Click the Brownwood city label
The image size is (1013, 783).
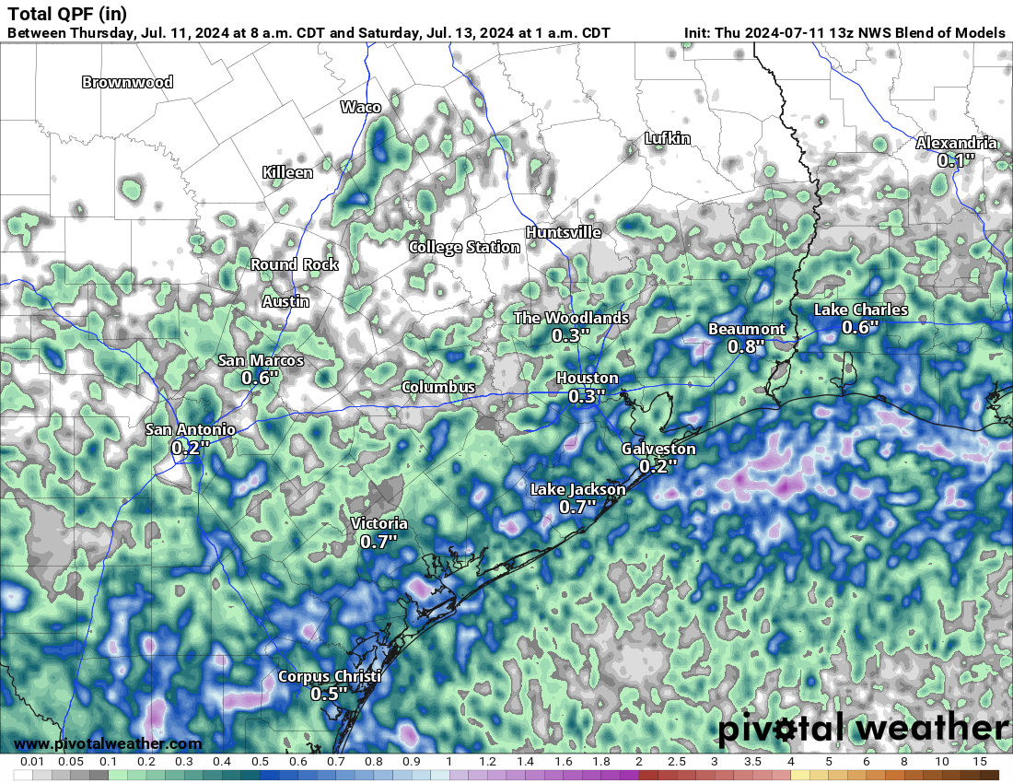click(x=127, y=82)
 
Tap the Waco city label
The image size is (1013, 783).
click(x=361, y=107)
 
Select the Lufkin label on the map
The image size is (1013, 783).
click(x=668, y=138)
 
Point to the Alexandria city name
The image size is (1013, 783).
click(x=956, y=143)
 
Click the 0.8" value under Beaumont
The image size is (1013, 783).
click(x=747, y=346)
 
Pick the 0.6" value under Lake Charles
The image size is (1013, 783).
click(x=860, y=327)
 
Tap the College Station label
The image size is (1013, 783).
click(x=465, y=247)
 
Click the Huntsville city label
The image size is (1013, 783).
click(x=564, y=232)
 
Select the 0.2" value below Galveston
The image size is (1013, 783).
click(x=658, y=465)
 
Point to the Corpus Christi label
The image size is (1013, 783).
click(x=330, y=677)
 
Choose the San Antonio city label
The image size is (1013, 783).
click(x=191, y=429)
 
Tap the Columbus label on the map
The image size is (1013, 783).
click(x=438, y=387)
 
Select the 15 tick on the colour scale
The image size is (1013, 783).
click(x=980, y=763)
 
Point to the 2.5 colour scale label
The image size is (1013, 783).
click(x=677, y=763)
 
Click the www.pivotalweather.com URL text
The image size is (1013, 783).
click(x=108, y=743)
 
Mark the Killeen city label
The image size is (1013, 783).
click(x=287, y=172)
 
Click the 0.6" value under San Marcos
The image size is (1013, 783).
click(x=261, y=377)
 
